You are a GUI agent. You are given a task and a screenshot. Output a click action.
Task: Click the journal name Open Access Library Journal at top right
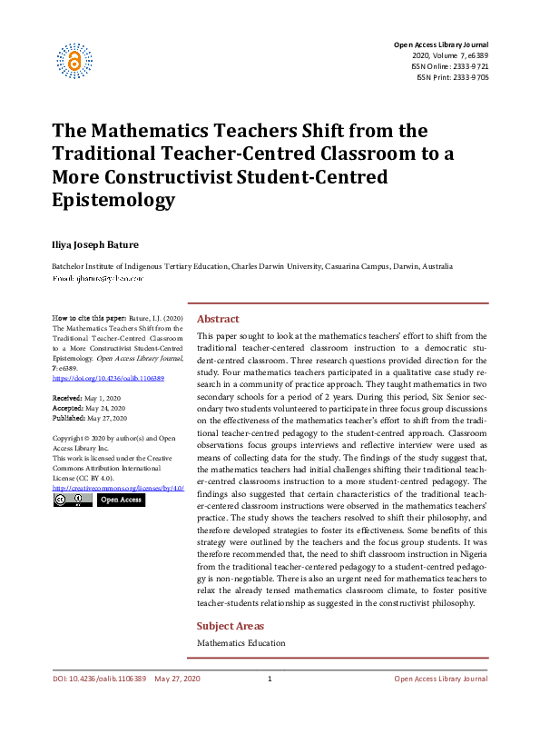pos(440,45)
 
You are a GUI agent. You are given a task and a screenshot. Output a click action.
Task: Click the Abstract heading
pos(218,319)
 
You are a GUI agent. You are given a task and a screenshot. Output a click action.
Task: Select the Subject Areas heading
pos(231,626)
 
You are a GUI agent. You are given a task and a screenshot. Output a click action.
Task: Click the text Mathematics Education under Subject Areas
pos(241,643)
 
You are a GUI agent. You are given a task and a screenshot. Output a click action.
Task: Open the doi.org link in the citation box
pos(108,377)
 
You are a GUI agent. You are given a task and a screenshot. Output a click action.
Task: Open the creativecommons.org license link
pos(118,488)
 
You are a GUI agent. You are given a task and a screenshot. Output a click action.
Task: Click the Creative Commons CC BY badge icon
pos(72,500)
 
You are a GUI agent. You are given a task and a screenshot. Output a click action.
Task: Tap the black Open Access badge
pos(120,500)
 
